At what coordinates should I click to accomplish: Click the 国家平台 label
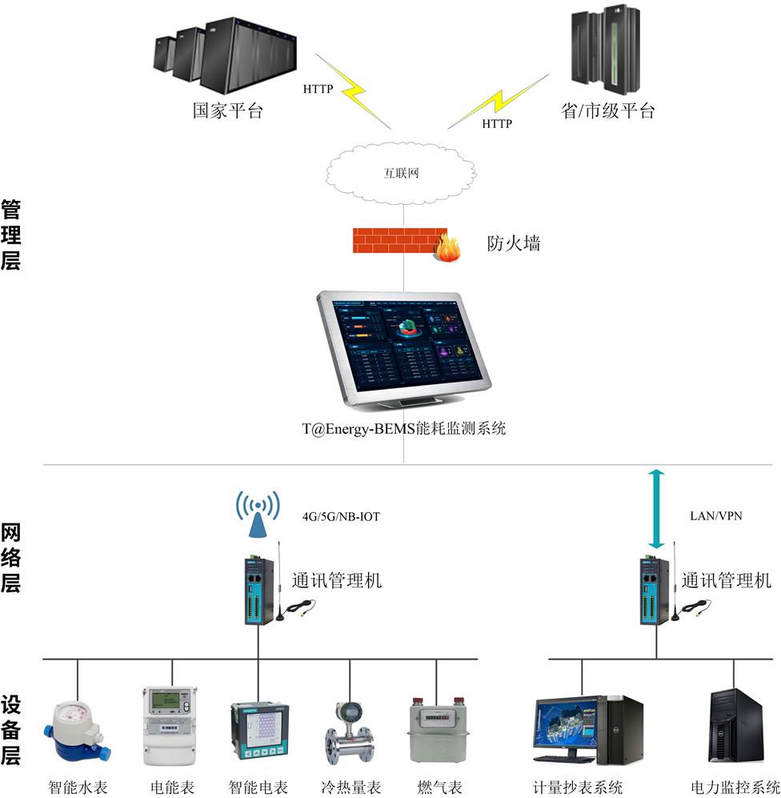click(227, 110)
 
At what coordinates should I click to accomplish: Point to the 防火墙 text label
click(514, 243)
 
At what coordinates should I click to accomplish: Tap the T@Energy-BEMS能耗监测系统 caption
click(404, 429)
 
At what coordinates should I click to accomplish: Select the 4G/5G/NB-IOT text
click(341, 517)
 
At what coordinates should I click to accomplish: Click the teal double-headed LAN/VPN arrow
click(656, 508)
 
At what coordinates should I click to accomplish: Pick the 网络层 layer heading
click(10, 559)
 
